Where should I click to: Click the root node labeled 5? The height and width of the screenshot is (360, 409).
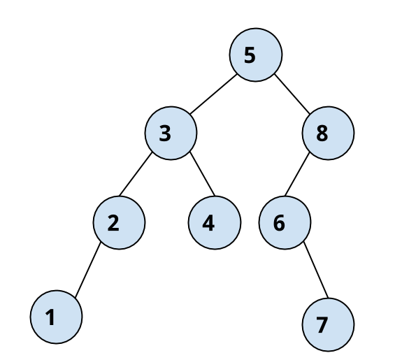(x=256, y=55)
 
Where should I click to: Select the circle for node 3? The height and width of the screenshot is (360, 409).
(x=171, y=133)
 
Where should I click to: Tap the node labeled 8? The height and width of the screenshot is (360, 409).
(x=329, y=133)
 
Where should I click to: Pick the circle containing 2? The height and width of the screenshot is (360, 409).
(x=119, y=223)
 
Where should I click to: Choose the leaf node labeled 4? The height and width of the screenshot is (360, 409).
(x=215, y=223)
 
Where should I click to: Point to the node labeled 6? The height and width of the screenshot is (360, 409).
(x=285, y=223)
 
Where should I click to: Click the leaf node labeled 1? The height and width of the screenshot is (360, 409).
(x=56, y=317)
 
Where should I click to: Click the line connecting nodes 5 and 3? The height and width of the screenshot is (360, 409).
(x=213, y=94)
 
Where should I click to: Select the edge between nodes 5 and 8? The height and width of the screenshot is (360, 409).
(x=294, y=92)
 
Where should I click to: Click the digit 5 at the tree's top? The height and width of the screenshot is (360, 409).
(x=250, y=55)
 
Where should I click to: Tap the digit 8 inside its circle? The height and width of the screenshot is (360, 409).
(x=322, y=133)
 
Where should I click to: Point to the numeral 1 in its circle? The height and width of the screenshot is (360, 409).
(x=50, y=317)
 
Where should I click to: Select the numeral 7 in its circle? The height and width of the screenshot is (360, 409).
(x=322, y=324)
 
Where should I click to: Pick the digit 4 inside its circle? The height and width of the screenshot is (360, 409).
(x=208, y=223)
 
